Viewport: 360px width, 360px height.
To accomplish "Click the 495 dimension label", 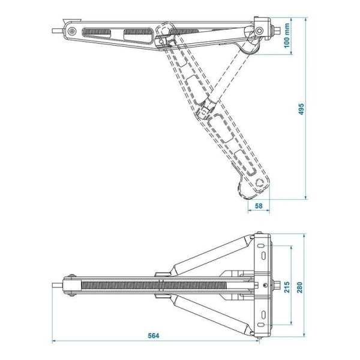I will pos(301,109).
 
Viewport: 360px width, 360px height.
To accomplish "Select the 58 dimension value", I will pos(259,206).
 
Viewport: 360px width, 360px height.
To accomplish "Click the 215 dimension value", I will pos(286,285).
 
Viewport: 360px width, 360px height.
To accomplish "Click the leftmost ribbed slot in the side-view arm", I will pos(98,31).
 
